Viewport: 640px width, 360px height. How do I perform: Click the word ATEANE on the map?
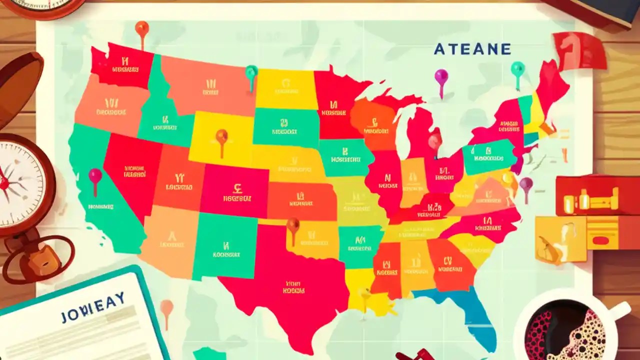472,49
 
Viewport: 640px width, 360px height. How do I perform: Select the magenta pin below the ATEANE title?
441,77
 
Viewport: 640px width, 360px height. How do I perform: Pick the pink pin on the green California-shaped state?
95,176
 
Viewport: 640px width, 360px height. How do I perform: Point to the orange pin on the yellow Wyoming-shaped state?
221,136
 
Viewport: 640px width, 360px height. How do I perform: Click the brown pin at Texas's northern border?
293,225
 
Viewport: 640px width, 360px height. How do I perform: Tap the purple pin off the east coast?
525,184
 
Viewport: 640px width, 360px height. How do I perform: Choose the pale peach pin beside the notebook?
166,307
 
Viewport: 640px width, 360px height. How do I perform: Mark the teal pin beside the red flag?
517,69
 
